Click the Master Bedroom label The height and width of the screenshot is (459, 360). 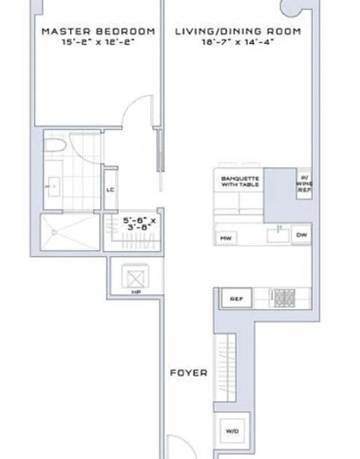click(98, 32)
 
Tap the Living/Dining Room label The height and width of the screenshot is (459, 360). click(237, 32)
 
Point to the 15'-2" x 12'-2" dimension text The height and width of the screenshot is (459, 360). click(98, 42)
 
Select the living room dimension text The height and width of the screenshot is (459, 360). click(237, 42)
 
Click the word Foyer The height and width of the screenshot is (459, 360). click(188, 372)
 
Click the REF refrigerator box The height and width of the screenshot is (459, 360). click(236, 299)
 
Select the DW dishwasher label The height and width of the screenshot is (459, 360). click(301, 235)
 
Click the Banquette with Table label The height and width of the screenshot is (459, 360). click(240, 182)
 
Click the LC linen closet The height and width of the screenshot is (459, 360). click(111, 190)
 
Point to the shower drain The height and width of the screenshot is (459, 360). click(55, 232)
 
